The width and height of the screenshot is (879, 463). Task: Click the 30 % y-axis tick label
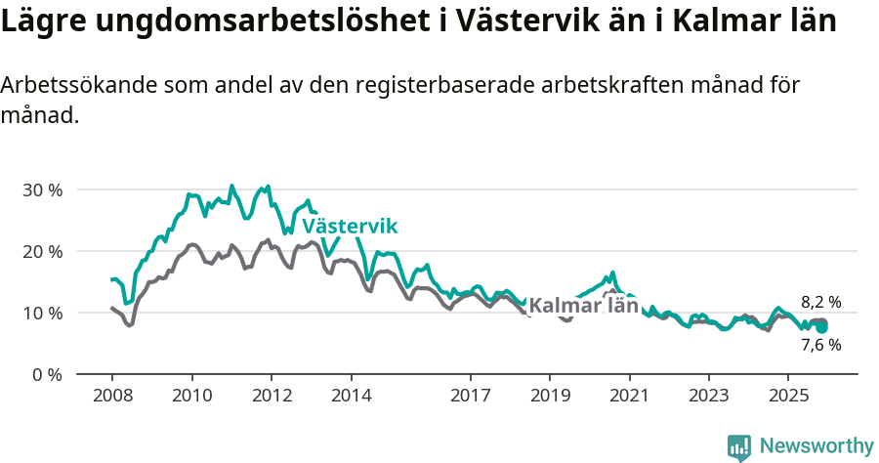click(x=42, y=189)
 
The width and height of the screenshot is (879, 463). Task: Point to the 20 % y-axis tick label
click(x=42, y=251)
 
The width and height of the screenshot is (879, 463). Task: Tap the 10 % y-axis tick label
click(x=42, y=313)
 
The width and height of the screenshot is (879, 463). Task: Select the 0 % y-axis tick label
click(x=46, y=374)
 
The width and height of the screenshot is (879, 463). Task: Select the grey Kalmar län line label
click(x=583, y=305)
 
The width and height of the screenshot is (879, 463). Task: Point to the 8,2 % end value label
click(x=820, y=302)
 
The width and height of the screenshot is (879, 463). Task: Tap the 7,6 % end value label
click(x=820, y=345)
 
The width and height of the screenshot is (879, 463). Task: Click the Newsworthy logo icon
click(x=739, y=447)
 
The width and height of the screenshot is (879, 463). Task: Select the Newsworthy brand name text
click(x=816, y=446)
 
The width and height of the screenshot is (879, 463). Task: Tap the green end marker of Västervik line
click(x=822, y=327)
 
